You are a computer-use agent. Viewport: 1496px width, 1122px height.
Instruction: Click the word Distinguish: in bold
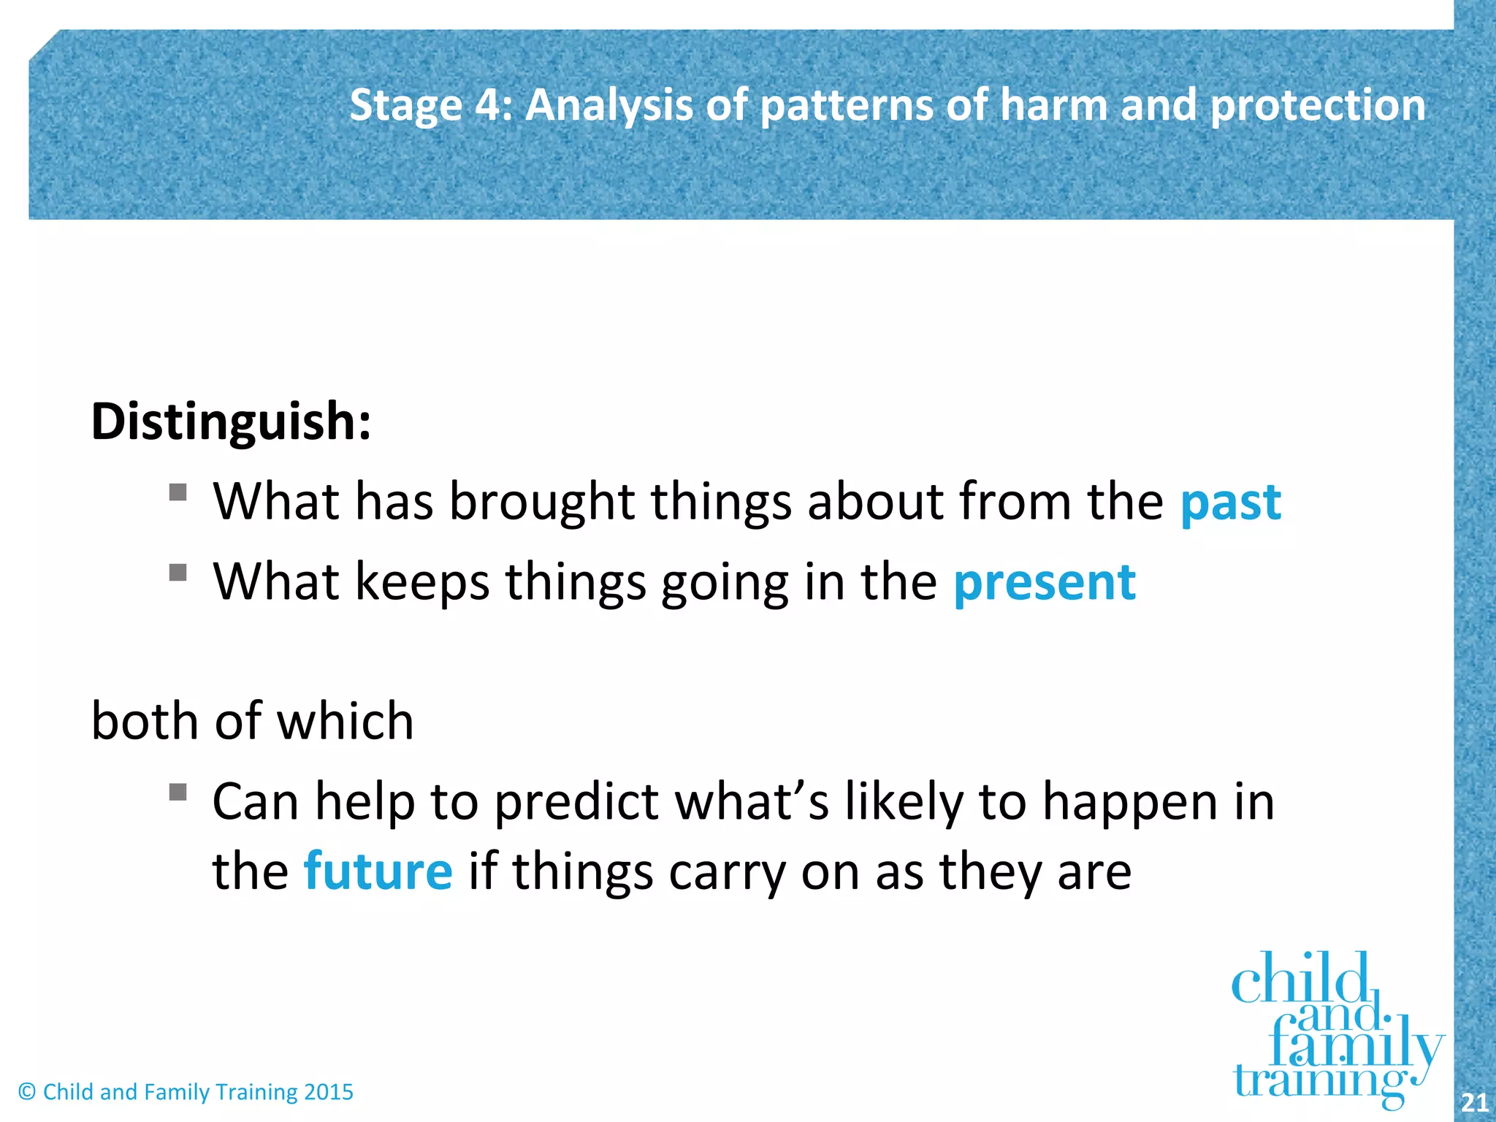click(x=231, y=422)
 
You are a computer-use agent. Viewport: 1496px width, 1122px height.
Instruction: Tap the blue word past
click(x=1230, y=504)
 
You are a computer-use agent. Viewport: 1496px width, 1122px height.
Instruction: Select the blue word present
click(x=1045, y=583)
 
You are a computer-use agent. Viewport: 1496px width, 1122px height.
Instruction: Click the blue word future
click(x=378, y=871)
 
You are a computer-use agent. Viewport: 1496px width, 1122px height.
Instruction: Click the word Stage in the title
click(x=405, y=105)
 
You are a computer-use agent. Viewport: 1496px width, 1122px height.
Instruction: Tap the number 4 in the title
click(x=487, y=104)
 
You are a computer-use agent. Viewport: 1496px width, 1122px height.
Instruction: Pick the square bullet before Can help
click(x=178, y=792)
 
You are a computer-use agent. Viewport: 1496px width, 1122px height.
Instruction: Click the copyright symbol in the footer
click(x=27, y=1092)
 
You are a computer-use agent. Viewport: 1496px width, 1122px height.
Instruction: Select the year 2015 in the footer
click(x=328, y=1092)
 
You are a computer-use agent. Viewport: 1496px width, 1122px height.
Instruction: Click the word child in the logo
click(x=1299, y=979)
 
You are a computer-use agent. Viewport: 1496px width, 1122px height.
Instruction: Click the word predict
click(x=576, y=802)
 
